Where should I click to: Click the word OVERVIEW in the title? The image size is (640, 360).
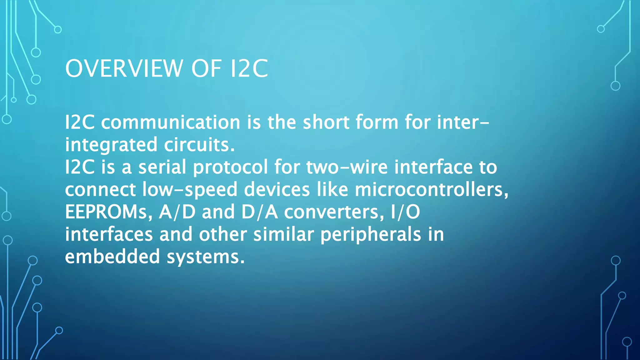click(x=124, y=68)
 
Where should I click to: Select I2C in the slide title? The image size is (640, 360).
click(x=249, y=68)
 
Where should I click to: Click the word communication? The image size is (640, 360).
click(x=171, y=122)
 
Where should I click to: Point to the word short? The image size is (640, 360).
click(x=326, y=122)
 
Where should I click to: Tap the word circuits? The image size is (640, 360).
click(x=199, y=145)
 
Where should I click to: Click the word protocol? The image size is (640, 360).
click(x=230, y=168)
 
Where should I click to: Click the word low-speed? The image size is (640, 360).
click(x=190, y=190)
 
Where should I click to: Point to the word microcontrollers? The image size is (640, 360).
click(x=431, y=189)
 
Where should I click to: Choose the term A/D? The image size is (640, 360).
click(x=177, y=212)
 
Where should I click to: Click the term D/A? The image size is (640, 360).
click(x=259, y=212)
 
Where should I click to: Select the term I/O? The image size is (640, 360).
click(x=405, y=212)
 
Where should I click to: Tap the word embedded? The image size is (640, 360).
click(x=112, y=257)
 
